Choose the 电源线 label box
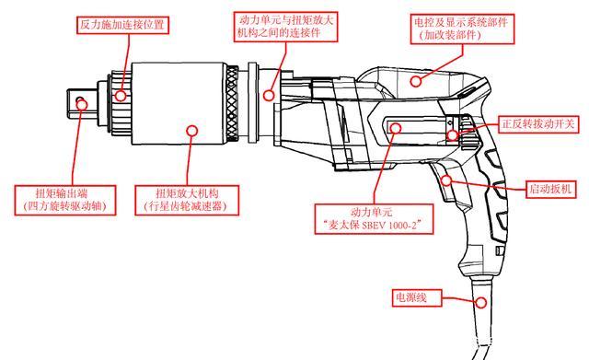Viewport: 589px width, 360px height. [411, 297]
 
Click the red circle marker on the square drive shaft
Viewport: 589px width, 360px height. [83, 104]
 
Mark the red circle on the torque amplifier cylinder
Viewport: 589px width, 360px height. [191, 130]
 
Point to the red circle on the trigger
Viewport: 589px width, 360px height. [449, 180]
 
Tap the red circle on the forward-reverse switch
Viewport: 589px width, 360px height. [452, 135]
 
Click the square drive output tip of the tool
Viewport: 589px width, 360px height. [74, 104]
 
